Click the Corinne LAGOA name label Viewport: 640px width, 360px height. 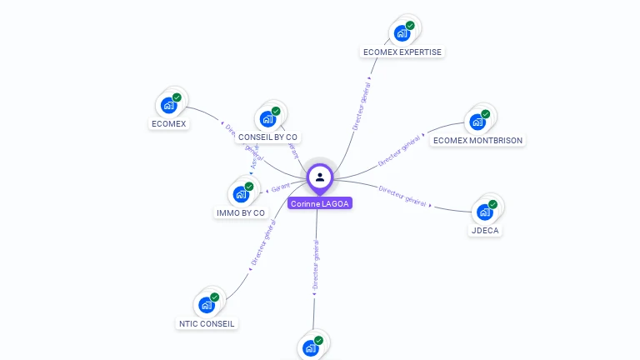pyautogui.click(x=320, y=203)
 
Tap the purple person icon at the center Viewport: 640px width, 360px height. pyautogui.click(x=320, y=177)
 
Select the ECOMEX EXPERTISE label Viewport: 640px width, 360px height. pyautogui.click(x=402, y=52)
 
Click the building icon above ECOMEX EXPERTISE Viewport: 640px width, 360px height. pyautogui.click(x=402, y=32)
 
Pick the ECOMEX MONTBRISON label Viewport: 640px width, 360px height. pyautogui.click(x=478, y=140)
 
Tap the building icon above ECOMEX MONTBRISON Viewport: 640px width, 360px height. pyautogui.click(x=478, y=121)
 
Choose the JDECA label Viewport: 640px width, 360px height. pyautogui.click(x=486, y=230)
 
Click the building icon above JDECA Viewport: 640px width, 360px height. pyautogui.click(x=485, y=211)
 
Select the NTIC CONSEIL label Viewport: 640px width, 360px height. pyautogui.click(x=207, y=323)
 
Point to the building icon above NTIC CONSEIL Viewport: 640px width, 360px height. pyautogui.click(x=207, y=304)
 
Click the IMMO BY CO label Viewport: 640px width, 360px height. pyautogui.click(x=241, y=212)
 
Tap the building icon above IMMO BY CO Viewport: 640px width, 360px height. pyautogui.click(x=241, y=193)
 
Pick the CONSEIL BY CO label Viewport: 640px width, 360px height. pyautogui.click(x=267, y=137)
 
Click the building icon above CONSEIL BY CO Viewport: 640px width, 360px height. pyautogui.click(x=268, y=117)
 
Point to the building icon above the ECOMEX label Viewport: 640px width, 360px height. pyautogui.click(x=169, y=104)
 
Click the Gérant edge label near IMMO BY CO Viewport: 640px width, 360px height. pyautogui.click(x=280, y=188)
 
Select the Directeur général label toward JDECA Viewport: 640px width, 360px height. pyautogui.click(x=403, y=196)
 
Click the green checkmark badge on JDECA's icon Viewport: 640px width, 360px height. pyautogui.click(x=492, y=204)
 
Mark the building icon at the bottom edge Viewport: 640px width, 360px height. pyautogui.click(x=312, y=347)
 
